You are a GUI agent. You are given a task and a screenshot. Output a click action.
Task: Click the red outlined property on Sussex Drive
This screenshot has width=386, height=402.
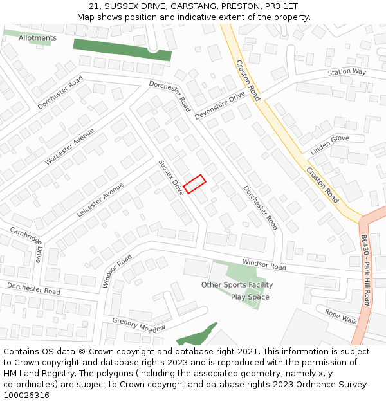(x=194, y=184)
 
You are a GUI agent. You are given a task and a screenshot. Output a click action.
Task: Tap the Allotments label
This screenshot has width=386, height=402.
(x=37, y=38)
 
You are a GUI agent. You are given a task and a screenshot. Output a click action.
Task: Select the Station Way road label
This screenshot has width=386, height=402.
(x=346, y=72)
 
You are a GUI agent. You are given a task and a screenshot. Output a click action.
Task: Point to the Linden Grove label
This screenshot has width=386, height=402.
(x=330, y=145)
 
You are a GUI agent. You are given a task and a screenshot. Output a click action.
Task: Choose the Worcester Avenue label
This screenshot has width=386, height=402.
(x=69, y=147)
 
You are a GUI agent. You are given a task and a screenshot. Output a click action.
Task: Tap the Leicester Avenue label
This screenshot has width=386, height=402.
(x=100, y=199)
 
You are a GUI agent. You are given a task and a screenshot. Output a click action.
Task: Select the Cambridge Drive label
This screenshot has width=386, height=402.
(x=26, y=244)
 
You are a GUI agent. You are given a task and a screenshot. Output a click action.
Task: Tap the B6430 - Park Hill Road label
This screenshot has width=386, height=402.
(x=365, y=270)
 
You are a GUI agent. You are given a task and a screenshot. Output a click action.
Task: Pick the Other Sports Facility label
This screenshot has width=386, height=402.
(x=237, y=285)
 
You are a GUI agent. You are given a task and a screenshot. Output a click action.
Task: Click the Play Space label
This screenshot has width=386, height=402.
(x=250, y=297)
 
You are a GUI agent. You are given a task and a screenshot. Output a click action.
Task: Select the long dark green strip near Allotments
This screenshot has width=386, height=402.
(x=122, y=50)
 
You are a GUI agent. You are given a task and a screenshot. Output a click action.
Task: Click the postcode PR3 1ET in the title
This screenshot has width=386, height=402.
(x=283, y=6)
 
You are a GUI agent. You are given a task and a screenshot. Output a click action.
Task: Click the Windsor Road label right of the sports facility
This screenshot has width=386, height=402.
(x=264, y=264)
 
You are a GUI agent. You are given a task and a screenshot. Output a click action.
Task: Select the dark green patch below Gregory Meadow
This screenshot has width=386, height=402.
(x=196, y=336)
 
